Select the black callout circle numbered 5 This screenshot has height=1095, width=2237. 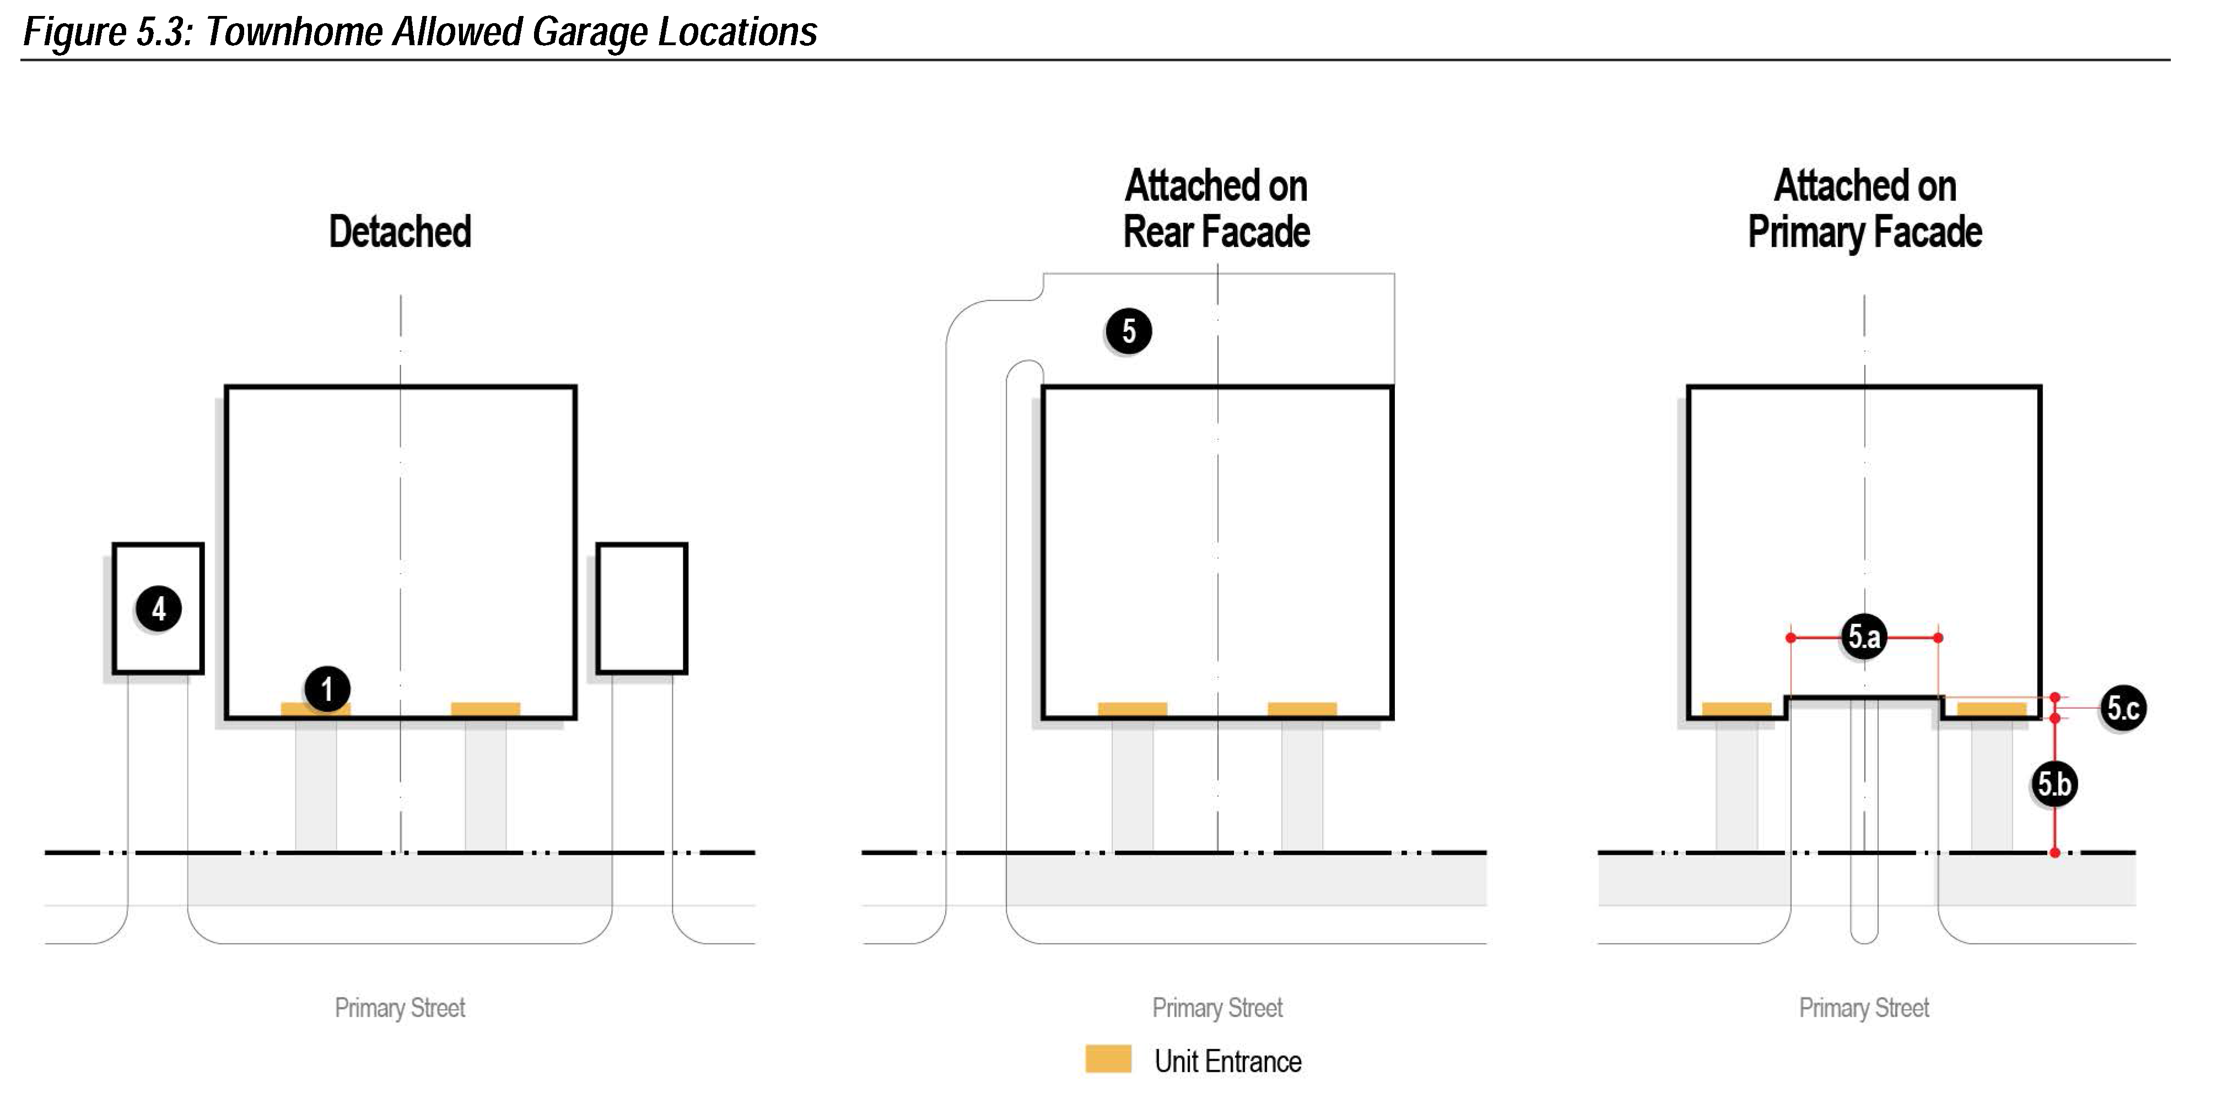(1128, 331)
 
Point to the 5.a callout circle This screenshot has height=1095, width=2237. (1863, 636)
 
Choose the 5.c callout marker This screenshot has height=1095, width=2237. (2122, 708)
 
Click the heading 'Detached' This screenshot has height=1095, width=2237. (400, 232)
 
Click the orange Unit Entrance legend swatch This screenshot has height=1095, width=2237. (1108, 1059)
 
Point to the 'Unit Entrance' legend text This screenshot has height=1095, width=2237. (1227, 1061)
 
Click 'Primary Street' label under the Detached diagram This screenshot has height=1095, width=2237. (400, 1007)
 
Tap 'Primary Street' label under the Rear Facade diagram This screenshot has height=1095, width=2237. (1217, 1007)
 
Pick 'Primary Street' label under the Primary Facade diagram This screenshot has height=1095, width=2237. (1863, 1007)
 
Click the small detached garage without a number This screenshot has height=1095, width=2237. (642, 608)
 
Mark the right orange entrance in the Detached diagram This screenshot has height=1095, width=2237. (486, 709)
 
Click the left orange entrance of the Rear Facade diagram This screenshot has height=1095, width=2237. (1133, 709)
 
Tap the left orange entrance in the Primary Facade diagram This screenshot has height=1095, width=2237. (1736, 709)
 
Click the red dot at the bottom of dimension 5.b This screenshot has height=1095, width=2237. (2055, 853)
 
